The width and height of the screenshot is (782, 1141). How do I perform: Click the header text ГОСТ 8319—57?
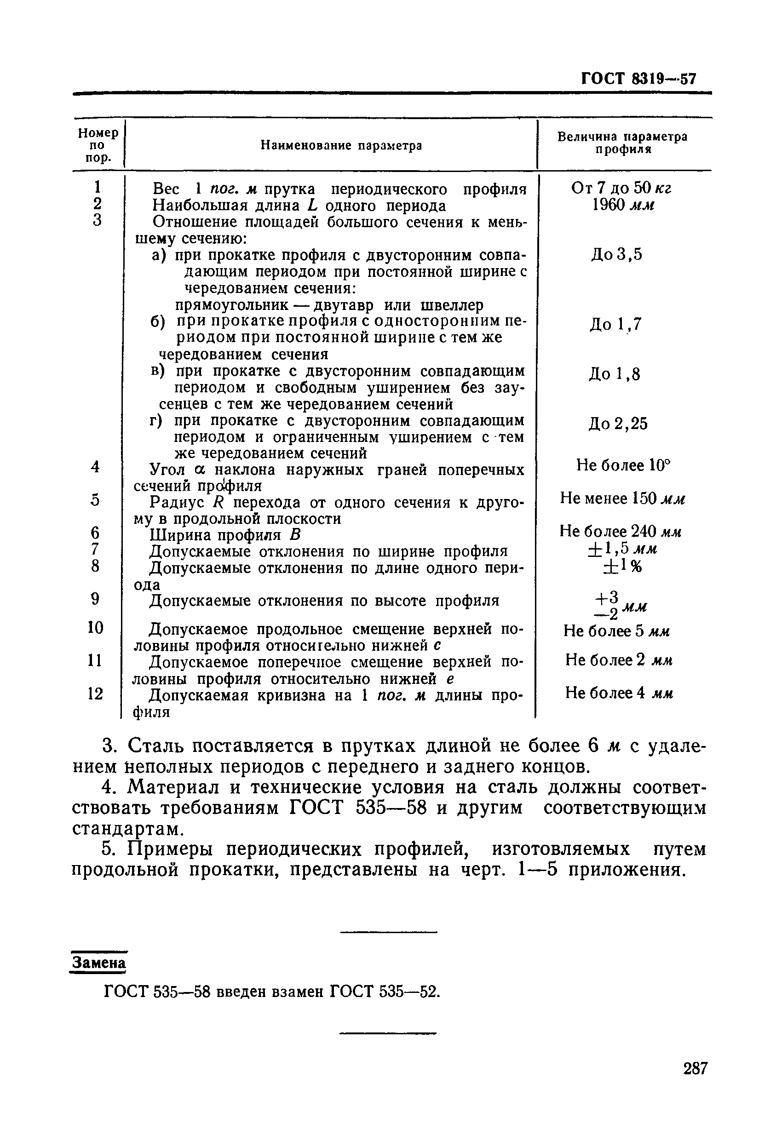[638, 79]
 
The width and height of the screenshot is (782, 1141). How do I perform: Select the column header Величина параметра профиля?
[622, 143]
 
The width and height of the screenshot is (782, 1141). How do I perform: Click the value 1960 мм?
[623, 205]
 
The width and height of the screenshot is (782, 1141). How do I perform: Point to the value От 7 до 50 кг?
[621, 188]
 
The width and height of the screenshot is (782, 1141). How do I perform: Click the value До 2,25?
[618, 423]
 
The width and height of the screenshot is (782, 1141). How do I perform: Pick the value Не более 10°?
[623, 465]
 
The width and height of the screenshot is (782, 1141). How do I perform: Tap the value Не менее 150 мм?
[622, 499]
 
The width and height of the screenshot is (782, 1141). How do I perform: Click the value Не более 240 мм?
[621, 531]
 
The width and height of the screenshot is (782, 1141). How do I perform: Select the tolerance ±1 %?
[622, 567]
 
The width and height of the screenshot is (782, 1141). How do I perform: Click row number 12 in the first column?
[95, 694]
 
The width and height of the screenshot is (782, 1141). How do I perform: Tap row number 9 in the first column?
[95, 599]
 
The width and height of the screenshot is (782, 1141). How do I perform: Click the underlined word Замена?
[99, 963]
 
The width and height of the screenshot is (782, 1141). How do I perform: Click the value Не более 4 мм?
[618, 693]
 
